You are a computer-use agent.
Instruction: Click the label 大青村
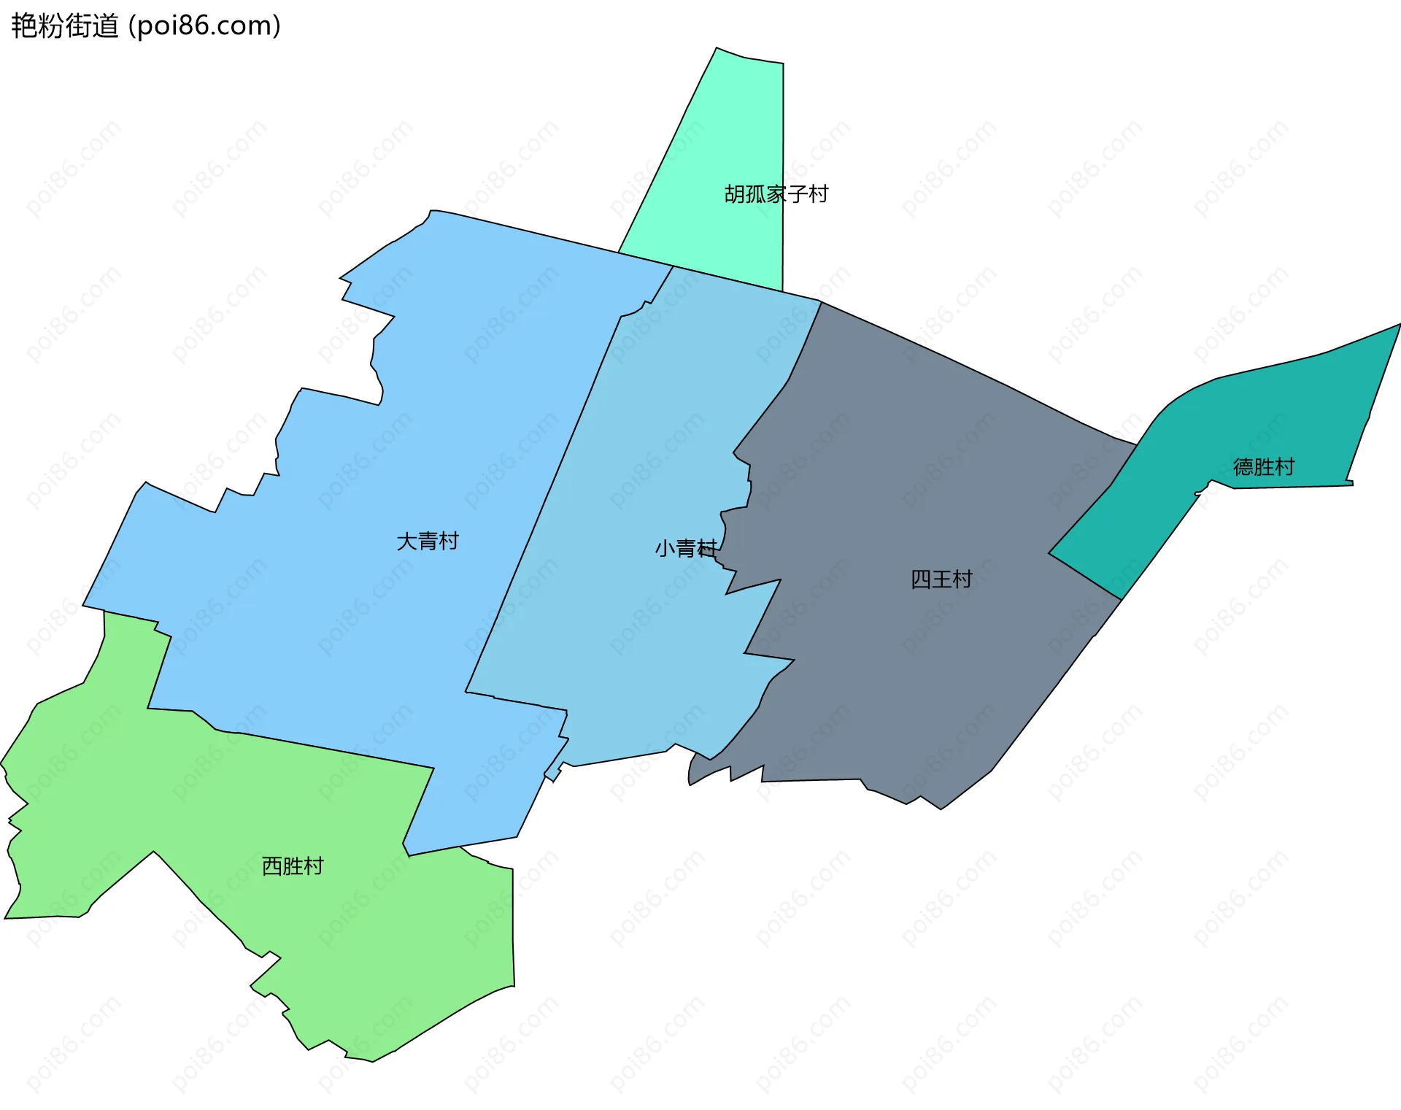(428, 541)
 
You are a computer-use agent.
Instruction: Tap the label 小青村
(685, 548)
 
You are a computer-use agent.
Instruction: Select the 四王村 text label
(941, 579)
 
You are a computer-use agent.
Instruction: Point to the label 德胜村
(1264, 467)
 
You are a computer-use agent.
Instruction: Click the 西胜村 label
(293, 866)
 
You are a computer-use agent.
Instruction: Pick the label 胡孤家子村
(776, 194)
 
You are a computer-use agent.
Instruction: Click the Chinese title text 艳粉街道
(64, 26)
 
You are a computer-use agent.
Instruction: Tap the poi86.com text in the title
(204, 26)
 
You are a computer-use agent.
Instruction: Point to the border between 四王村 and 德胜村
(1084, 577)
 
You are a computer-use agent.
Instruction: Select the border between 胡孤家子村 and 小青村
(727, 279)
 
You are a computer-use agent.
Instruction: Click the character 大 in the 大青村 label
(406, 541)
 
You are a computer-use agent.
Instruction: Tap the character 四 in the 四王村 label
(921, 579)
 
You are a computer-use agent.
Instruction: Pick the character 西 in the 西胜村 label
(271, 866)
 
